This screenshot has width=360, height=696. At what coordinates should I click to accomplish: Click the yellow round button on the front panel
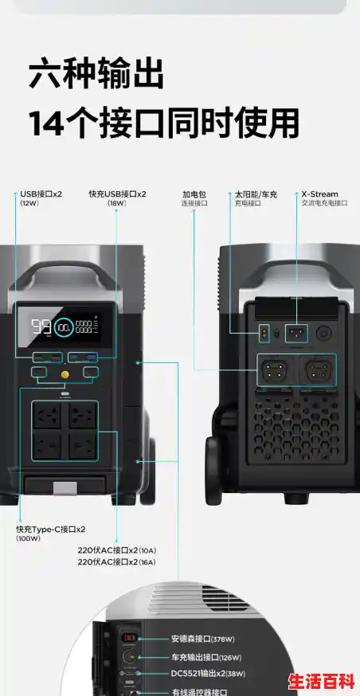point(64,373)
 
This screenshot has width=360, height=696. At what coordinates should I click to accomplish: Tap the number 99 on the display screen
point(41,326)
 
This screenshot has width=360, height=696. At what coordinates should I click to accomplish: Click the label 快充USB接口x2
point(118,194)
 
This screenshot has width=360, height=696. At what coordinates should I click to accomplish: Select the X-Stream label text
point(319,194)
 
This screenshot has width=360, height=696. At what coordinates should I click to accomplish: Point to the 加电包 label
point(194,194)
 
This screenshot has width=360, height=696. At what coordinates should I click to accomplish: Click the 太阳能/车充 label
point(256,194)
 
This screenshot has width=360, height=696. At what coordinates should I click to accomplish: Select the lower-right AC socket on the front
point(83,444)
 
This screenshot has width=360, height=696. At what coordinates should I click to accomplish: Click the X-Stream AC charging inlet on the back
point(295,333)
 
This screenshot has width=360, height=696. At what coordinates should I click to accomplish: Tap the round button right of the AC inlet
point(324,333)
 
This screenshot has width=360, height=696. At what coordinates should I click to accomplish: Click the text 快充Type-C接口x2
point(51,529)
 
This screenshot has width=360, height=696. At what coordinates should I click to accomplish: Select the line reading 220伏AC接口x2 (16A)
point(116,562)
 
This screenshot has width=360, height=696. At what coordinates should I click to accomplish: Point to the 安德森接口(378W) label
point(202,639)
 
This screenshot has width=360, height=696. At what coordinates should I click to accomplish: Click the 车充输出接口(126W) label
point(206,657)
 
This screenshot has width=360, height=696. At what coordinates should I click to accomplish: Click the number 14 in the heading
point(46,123)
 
